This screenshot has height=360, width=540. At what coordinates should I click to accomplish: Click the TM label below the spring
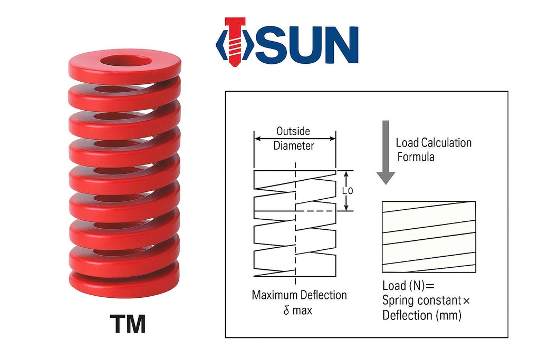(128, 324)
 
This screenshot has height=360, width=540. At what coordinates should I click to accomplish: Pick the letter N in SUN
(339, 44)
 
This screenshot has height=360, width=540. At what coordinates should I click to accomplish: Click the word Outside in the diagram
(293, 131)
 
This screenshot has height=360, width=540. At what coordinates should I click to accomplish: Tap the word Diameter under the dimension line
(294, 146)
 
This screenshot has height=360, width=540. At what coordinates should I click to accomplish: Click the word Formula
(415, 157)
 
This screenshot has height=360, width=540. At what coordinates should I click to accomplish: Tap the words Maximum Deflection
(299, 295)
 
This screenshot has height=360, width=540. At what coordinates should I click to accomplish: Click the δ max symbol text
(298, 310)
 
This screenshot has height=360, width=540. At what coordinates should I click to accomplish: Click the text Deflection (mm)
(422, 316)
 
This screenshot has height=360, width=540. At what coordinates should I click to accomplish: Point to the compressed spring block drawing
(428, 237)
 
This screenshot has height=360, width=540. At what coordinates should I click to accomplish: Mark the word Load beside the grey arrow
(408, 143)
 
